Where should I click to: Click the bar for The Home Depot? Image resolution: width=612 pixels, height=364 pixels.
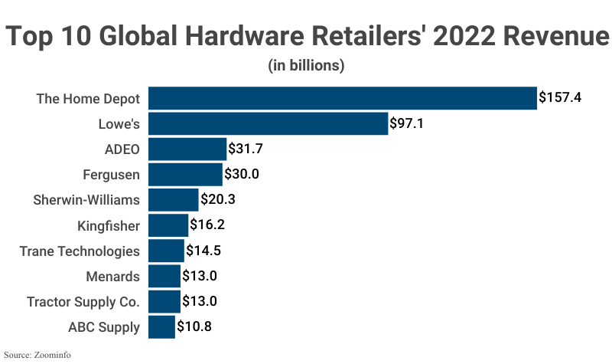[342, 98]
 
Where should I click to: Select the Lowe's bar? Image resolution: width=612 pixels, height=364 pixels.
[268, 123]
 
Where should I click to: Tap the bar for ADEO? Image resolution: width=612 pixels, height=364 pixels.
[187, 149]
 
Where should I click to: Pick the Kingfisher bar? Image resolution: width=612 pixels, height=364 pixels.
[168, 225]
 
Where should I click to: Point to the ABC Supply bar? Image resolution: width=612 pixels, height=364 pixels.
[161, 327]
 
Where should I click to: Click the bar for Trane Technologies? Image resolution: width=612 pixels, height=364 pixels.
[166, 251]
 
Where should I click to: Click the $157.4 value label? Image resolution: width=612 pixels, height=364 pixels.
[560, 98]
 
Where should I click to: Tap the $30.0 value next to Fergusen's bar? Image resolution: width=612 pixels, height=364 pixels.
[242, 175]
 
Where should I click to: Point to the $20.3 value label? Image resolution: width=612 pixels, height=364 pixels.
[218, 200]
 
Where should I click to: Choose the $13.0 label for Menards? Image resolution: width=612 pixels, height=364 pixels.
[200, 277]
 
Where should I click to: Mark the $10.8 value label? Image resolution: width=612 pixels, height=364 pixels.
[194, 327]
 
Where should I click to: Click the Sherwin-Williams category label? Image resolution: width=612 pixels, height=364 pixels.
[86, 200]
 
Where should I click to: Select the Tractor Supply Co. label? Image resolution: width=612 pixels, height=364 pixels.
[83, 302]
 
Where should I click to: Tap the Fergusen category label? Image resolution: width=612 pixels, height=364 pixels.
[111, 175]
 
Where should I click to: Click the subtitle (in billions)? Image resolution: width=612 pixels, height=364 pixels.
[306, 66]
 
